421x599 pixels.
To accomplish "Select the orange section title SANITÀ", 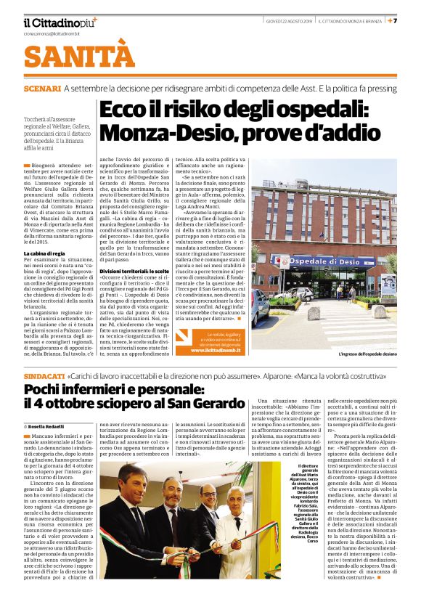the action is [x=79, y=56].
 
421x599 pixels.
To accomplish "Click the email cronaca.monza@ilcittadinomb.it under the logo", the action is [x=60, y=33].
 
